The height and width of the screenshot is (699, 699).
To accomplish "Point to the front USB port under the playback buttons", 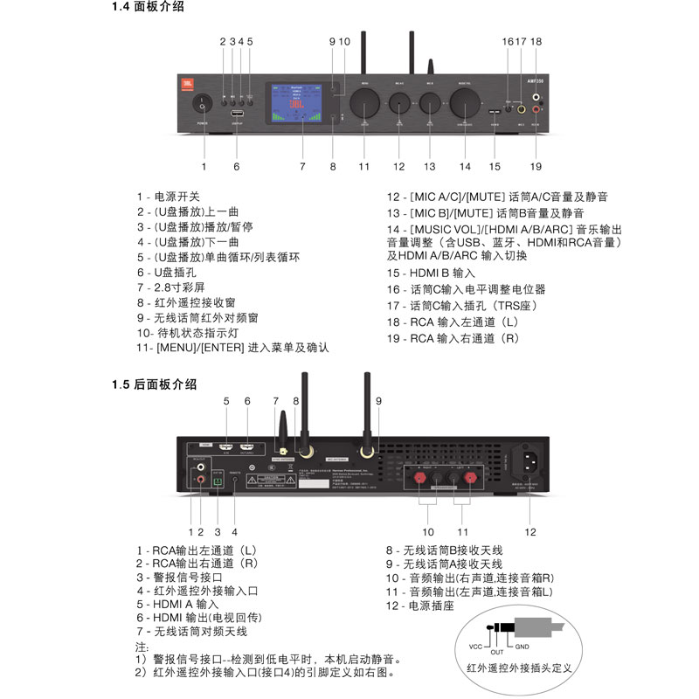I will [237, 114].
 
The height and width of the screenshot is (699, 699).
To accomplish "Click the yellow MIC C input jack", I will [522, 110].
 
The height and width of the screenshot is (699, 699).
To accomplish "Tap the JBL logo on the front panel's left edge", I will [185, 84].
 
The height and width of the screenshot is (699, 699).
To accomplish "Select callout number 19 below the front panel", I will [536, 165].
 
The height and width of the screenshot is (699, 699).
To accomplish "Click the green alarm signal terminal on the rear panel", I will [218, 480].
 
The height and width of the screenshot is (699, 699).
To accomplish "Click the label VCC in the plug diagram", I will [475, 647].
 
